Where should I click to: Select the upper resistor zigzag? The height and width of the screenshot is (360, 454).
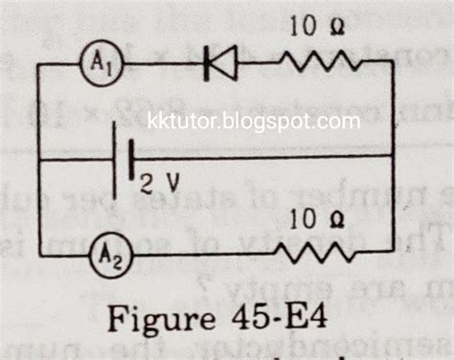pyautogui.click(x=319, y=63)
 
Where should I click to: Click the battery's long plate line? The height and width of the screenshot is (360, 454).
pyautogui.click(x=115, y=159)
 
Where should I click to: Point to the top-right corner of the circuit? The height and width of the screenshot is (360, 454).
pyautogui.click(x=392, y=61)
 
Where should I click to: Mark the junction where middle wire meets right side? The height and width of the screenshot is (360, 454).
pyautogui.click(x=393, y=155)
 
